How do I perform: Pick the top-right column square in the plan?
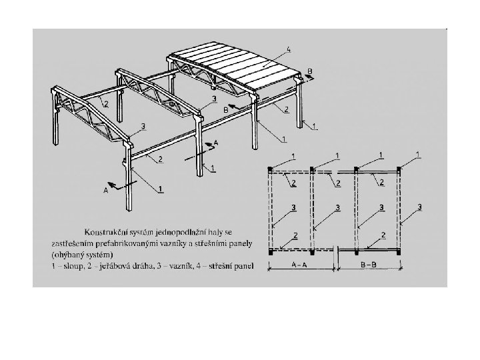(x=398, y=168)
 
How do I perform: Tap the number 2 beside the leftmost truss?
(x=105, y=102)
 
